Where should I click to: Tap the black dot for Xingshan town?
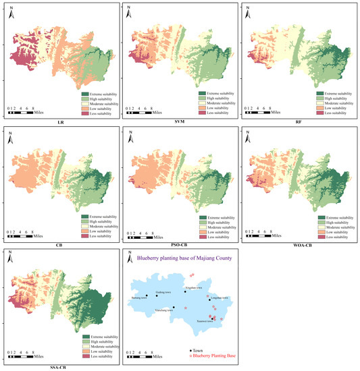(184, 292)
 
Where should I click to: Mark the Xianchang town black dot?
(174, 308)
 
